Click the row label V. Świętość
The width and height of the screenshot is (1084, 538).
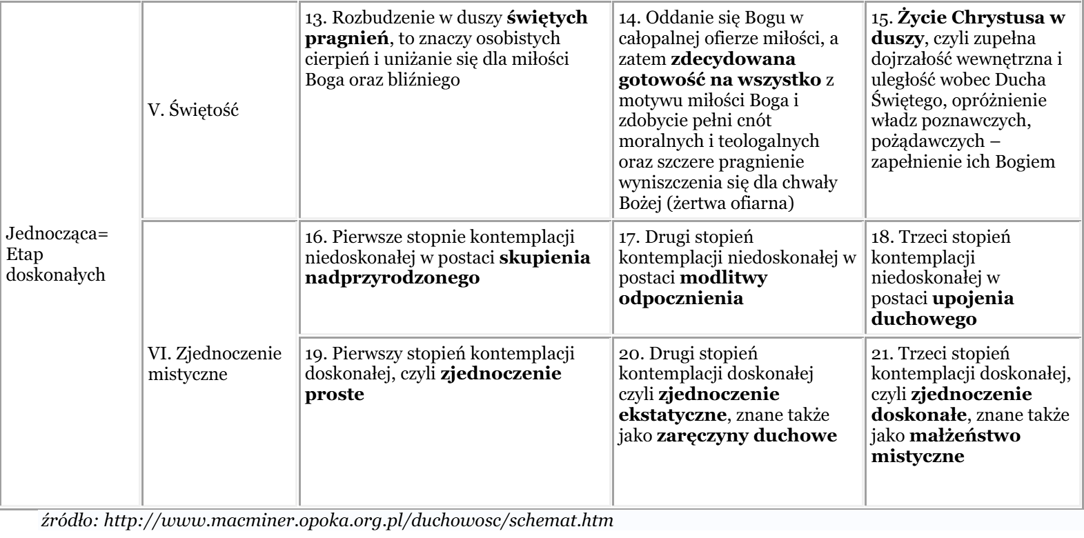point(194,110)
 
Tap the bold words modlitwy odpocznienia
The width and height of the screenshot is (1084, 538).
point(693,288)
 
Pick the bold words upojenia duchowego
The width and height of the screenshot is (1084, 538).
point(943,309)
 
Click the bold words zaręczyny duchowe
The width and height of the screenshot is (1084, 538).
point(747,436)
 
